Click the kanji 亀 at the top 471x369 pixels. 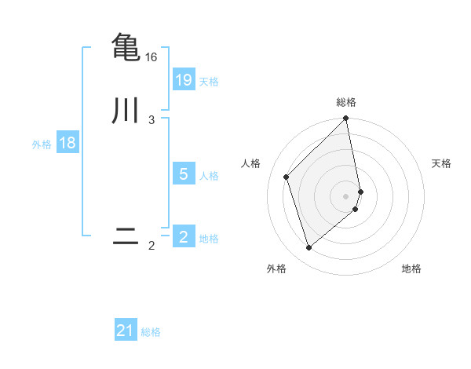[126, 47]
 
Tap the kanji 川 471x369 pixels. [126, 110]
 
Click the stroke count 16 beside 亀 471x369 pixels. [152, 57]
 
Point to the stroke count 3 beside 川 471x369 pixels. [152, 120]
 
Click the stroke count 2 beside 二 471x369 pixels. [152, 246]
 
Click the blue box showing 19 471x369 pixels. [184, 80]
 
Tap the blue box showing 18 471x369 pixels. [67, 143]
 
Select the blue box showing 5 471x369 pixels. [184, 174]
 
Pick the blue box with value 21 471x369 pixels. [126, 331]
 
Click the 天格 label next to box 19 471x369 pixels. [209, 82]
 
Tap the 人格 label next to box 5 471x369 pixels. [209, 176]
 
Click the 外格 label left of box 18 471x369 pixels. [42, 144]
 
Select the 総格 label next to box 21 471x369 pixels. [151, 332]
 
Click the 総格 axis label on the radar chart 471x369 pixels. [346, 102]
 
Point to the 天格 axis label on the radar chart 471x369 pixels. [441, 163]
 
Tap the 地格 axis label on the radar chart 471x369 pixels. [411, 269]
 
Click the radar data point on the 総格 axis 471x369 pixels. [346, 119]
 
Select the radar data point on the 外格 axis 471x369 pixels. [309, 248]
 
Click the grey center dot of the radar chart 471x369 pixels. [346, 195]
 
